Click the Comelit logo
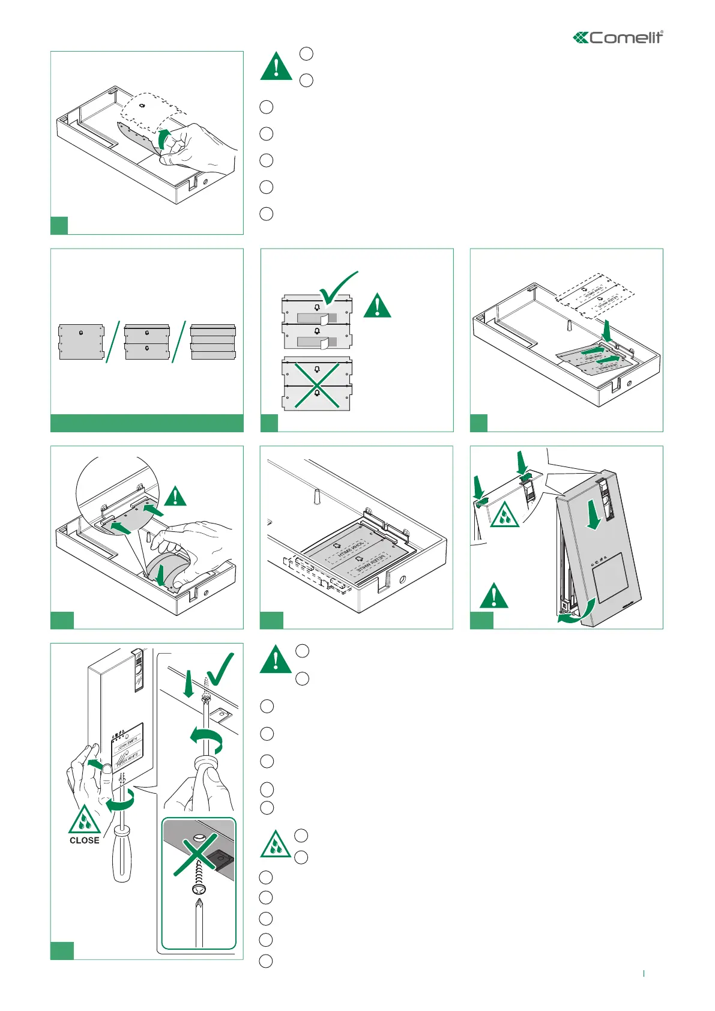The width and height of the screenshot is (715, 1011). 618,38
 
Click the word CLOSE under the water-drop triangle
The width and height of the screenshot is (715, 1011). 85,840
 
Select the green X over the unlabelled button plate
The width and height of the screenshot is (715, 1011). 316,385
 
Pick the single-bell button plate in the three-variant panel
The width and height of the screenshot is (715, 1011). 82,342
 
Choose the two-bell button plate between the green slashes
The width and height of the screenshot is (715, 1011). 147,342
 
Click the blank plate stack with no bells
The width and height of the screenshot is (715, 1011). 213,342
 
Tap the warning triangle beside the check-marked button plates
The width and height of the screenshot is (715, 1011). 377,306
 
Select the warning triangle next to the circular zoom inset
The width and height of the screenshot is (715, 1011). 175,496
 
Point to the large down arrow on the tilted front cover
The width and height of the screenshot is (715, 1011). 594,518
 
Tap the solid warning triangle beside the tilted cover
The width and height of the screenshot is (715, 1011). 493,596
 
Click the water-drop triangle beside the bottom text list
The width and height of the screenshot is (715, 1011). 276,845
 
